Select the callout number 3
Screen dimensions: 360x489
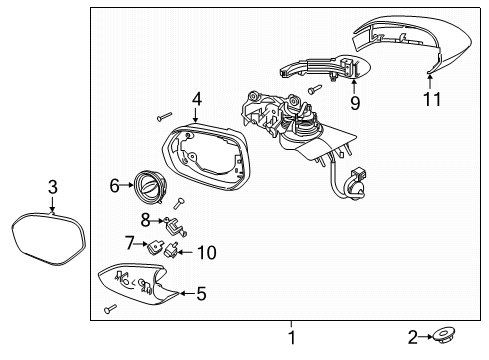(52, 185)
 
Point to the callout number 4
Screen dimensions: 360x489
(197, 99)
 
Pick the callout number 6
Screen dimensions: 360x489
(115, 185)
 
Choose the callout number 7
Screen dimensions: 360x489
(130, 241)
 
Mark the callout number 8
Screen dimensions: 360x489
(146, 218)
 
